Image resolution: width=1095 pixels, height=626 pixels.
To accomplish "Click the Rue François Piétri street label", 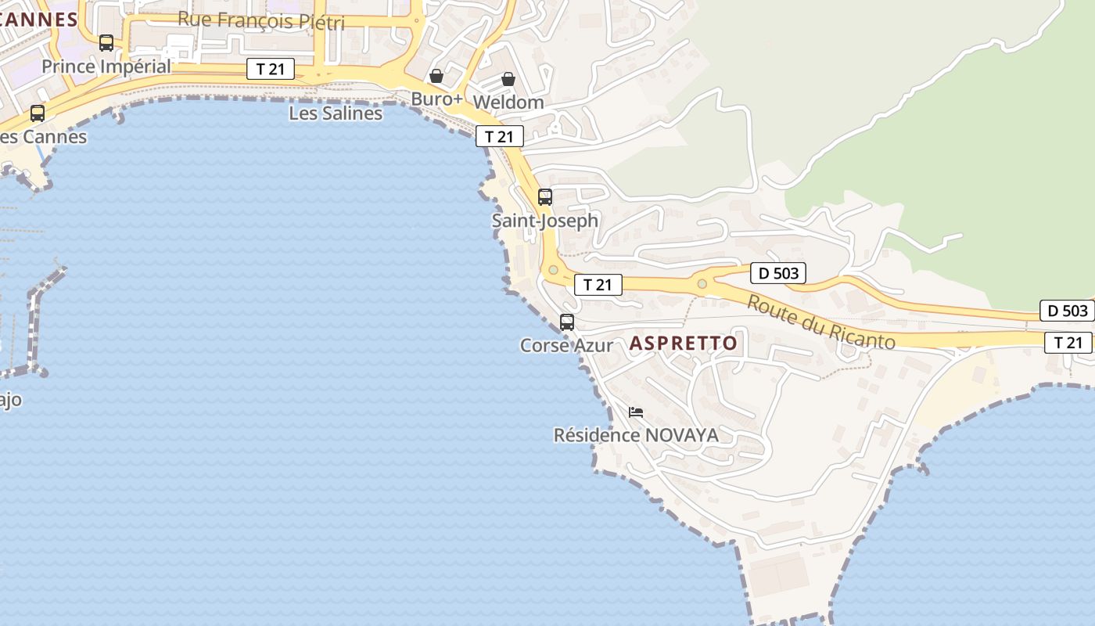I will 260,20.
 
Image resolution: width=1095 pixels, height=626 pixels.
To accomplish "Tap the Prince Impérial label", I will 106,67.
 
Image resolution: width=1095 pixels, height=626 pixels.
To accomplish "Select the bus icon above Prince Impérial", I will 106,43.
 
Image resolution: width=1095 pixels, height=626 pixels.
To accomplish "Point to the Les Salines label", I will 336,113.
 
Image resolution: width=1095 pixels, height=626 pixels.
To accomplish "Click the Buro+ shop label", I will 437,99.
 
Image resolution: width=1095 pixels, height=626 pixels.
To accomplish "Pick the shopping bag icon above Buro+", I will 436,76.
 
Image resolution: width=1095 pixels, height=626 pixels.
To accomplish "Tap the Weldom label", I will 508,103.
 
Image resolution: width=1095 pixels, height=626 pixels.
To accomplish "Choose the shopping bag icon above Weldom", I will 508,79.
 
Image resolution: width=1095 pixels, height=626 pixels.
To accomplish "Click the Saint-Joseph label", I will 545,221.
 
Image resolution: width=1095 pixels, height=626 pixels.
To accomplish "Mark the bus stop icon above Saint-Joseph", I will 545,197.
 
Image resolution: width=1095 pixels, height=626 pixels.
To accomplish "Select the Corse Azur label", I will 567,345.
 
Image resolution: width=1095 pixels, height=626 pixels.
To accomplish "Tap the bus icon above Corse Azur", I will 567,322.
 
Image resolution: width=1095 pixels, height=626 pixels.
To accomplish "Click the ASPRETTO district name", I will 684,344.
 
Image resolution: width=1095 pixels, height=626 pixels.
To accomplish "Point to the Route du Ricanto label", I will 820,322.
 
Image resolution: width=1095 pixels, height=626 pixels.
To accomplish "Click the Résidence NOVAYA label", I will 636,435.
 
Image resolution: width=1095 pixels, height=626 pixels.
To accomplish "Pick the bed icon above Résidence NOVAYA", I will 636,412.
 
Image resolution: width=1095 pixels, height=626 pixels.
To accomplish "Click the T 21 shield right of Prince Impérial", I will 271,69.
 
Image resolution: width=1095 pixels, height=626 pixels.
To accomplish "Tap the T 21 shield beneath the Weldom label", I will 500,136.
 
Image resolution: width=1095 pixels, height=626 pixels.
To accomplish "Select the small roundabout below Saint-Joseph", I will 554,270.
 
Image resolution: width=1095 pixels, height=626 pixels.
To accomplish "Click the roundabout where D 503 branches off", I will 702,283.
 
